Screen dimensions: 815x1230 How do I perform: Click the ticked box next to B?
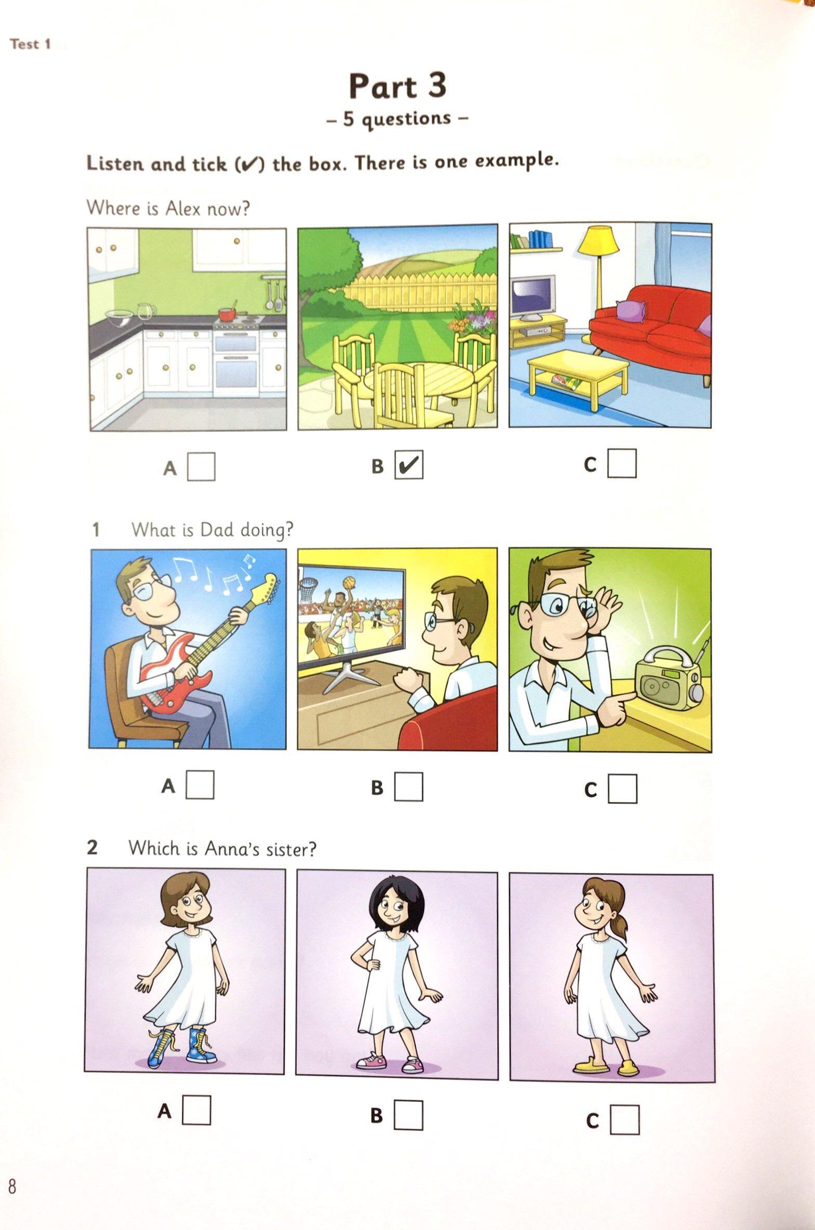[409, 464]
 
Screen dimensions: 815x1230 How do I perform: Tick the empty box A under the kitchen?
[201, 466]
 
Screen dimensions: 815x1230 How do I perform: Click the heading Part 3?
[398, 86]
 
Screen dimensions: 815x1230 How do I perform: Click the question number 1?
[96, 530]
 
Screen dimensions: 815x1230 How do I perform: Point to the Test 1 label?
[31, 44]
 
